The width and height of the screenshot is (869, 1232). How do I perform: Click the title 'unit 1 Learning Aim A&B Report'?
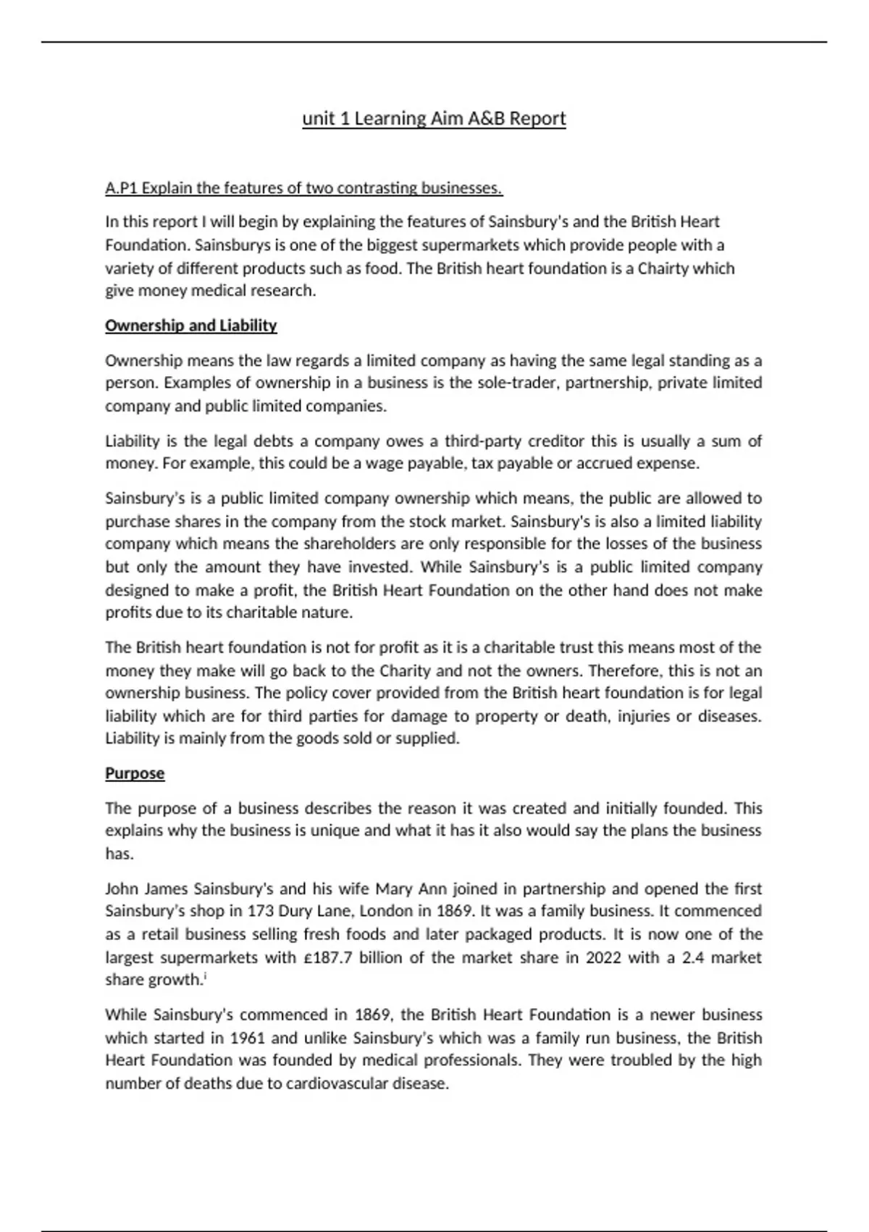[x=434, y=118]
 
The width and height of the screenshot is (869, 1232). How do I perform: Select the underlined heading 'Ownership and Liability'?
[x=191, y=325]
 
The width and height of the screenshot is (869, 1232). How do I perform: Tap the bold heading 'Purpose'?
[x=135, y=773]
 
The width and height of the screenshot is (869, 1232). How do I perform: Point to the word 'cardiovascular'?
[x=335, y=1083]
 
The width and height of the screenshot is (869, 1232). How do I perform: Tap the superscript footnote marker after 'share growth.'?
[x=206, y=976]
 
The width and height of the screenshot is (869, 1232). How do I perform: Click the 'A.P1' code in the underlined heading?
[x=121, y=188]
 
